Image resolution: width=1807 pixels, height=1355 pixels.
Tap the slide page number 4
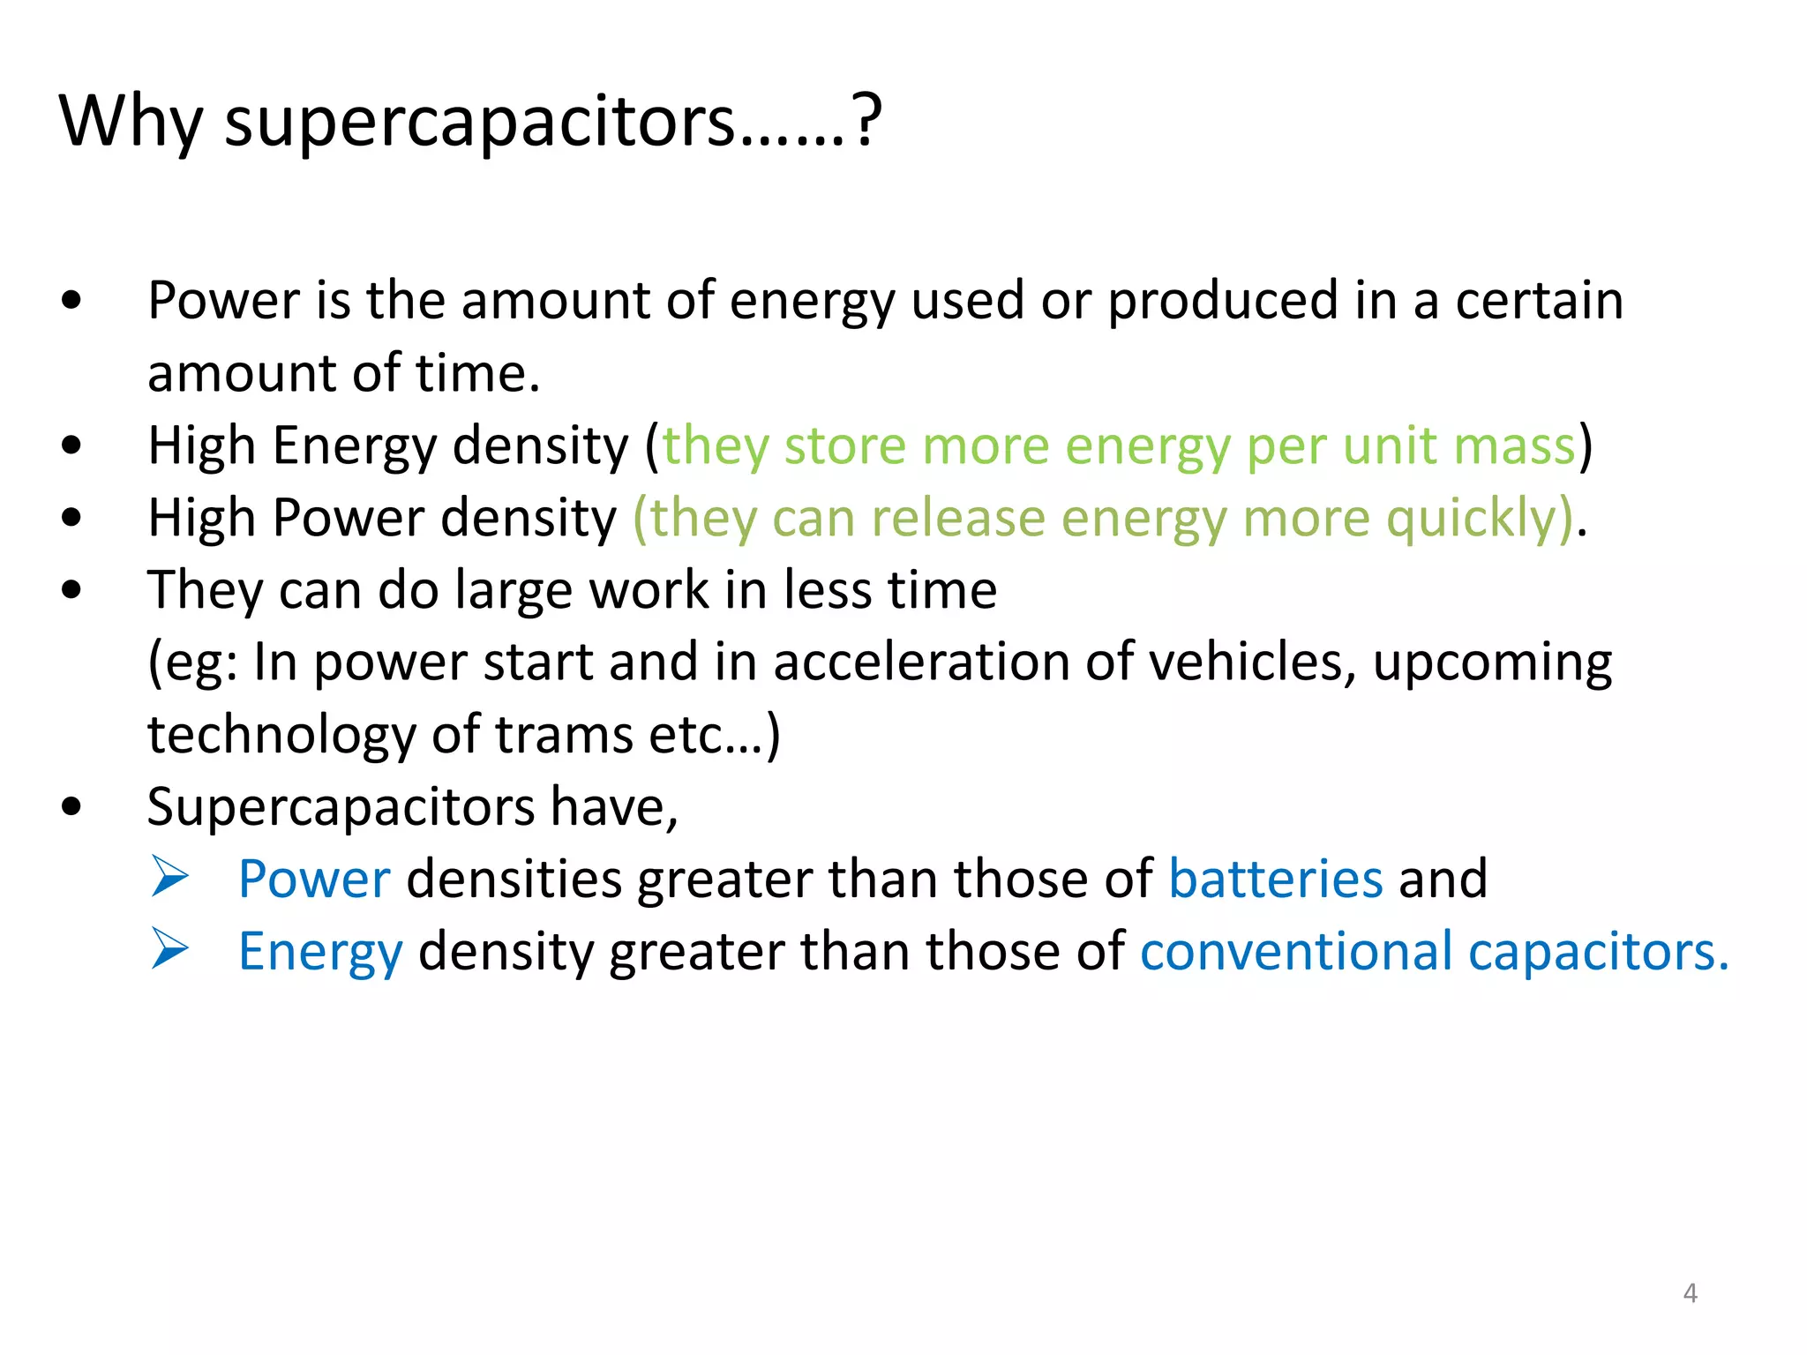[x=1690, y=1293]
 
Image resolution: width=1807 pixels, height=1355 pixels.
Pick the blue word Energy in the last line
[x=320, y=953]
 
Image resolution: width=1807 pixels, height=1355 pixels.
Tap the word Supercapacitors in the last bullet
[x=341, y=808]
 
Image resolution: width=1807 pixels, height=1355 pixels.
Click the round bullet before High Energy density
[x=72, y=445]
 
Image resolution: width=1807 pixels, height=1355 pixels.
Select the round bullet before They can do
[x=72, y=589]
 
